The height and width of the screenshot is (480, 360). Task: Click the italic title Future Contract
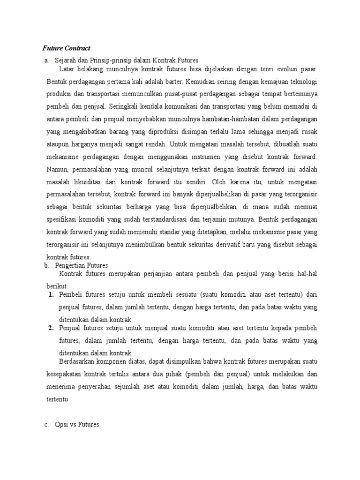point(67,48)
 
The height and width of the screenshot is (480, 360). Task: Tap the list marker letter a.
point(46,60)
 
